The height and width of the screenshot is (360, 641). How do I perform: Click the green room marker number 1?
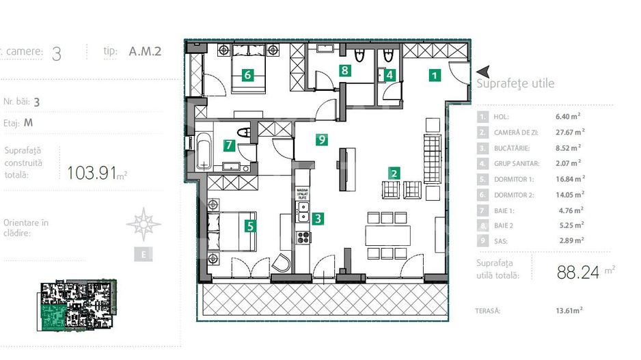point(435,76)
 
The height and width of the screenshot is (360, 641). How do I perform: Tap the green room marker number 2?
point(393,174)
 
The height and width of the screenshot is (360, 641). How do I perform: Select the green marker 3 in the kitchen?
point(318,219)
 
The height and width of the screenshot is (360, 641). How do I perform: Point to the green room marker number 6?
point(247,75)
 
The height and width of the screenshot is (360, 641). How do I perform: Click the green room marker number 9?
point(322,140)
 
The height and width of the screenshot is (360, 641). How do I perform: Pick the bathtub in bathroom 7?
point(204,151)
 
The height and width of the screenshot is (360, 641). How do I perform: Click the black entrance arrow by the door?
point(483,72)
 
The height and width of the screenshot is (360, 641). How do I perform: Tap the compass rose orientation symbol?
point(144,224)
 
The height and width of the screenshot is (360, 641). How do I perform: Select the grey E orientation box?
point(143,255)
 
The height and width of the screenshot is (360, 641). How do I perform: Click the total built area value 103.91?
point(92,173)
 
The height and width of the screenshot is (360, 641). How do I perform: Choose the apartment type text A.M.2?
point(145,51)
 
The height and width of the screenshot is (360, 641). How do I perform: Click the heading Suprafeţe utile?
point(515,84)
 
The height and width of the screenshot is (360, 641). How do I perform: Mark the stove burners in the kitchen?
point(303,237)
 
